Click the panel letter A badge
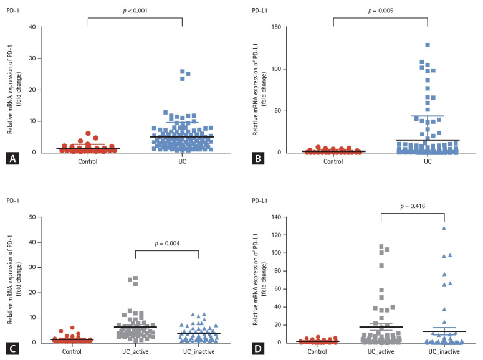12,159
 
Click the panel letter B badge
256,159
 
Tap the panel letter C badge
12,349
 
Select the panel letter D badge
256,349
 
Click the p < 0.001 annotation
135,11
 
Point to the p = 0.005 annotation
380,11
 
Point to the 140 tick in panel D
274,217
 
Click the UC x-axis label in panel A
182,161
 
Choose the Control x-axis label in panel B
333,161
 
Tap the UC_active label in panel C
136,351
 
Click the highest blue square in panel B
428,45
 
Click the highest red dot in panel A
88,133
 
